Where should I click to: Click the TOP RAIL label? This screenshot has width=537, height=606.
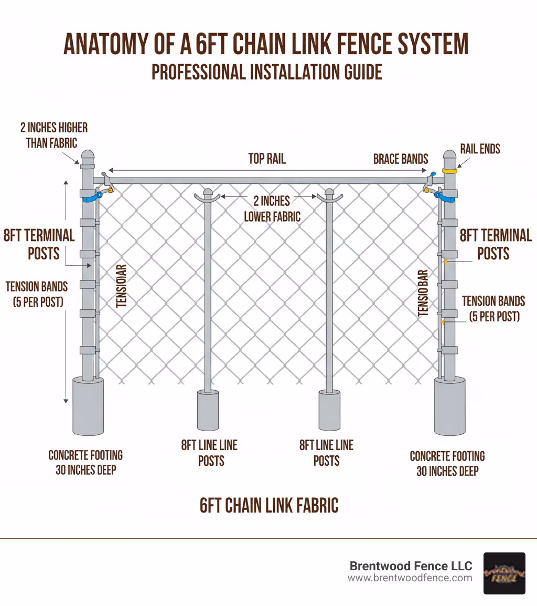(267, 159)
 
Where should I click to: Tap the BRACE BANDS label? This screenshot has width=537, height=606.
(401, 159)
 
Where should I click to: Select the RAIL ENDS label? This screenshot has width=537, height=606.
(480, 149)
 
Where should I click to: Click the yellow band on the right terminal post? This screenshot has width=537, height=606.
(450, 171)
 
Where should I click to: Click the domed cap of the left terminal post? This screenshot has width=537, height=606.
(88, 156)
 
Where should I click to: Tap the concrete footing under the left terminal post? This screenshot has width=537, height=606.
(88, 406)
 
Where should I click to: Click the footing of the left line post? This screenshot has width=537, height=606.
(208, 410)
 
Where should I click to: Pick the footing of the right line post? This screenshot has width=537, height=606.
(329, 410)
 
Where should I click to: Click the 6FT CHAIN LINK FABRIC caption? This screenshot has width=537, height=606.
(269, 505)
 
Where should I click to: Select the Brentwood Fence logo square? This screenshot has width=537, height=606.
(504, 573)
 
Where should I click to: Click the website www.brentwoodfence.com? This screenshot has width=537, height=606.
(410, 578)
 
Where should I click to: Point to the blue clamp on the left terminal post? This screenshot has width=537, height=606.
(92, 197)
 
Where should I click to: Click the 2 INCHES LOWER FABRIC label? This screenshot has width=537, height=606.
(272, 208)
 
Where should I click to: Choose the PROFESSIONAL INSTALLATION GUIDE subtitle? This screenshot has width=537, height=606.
(267, 72)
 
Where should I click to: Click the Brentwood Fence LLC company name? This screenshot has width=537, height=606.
(411, 566)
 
